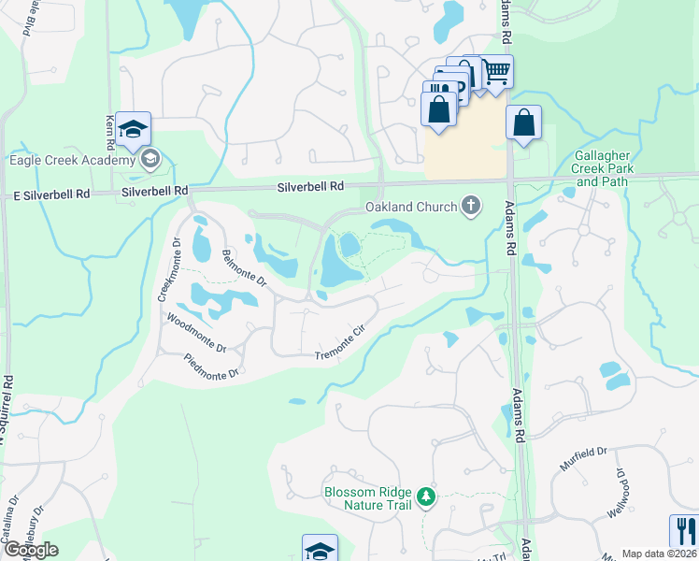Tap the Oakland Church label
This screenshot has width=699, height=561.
409,206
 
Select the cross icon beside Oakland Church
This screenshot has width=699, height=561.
471,206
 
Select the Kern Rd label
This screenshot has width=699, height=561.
109,132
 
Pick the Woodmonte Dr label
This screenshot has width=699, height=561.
196,332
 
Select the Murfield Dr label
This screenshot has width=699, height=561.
585,460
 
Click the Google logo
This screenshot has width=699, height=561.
31,550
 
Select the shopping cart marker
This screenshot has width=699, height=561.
496,71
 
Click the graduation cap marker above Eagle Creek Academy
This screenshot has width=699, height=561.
133,129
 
